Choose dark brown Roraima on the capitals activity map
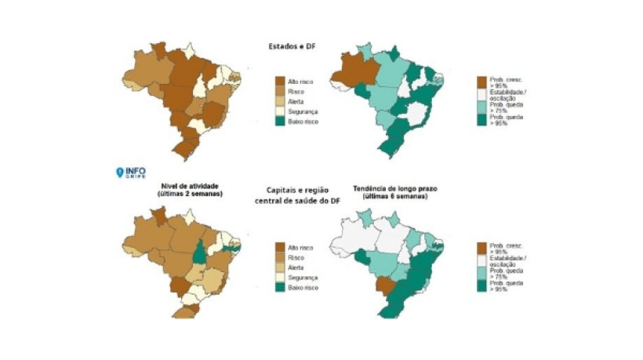(158, 214)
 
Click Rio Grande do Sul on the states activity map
(186, 147)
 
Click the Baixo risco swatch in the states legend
(278, 122)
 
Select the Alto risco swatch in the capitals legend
(278, 247)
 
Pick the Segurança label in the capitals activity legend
(303, 278)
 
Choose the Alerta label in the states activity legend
(297, 101)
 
